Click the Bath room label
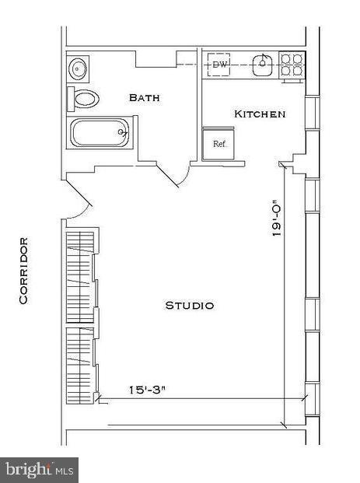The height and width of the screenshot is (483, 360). tap(145, 98)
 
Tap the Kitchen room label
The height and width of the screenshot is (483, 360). tap(260, 114)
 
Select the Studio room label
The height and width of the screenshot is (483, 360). tap(190, 306)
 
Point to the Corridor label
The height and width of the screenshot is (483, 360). tap(24, 270)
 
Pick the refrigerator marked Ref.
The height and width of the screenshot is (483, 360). tap(220, 144)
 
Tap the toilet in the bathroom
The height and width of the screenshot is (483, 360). tap(86, 99)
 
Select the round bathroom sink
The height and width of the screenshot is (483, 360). tap(79, 68)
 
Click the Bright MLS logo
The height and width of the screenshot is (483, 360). tap(39, 469)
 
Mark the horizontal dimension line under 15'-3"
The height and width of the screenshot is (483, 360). tap(202, 398)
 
